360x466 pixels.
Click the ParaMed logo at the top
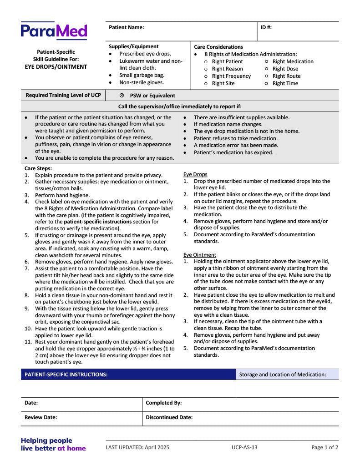(54, 31)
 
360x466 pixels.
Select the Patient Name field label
(126, 27)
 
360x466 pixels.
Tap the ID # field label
(266, 27)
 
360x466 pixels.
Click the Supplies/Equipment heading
(133, 46)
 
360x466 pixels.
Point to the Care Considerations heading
(218, 47)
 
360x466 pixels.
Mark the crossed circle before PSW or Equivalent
(122, 96)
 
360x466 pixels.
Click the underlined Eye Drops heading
(195, 174)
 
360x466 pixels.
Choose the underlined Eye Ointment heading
(200, 255)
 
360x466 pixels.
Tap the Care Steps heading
(38, 168)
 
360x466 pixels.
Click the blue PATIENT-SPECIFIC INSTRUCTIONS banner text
(66, 375)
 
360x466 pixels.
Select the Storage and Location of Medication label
(283, 375)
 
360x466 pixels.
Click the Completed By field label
(163, 403)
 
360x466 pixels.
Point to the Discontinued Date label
(169, 417)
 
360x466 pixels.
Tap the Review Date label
(41, 417)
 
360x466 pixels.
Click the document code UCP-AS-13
(244, 447)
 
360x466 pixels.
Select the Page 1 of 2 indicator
(325, 447)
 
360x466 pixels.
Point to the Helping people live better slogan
(53, 444)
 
